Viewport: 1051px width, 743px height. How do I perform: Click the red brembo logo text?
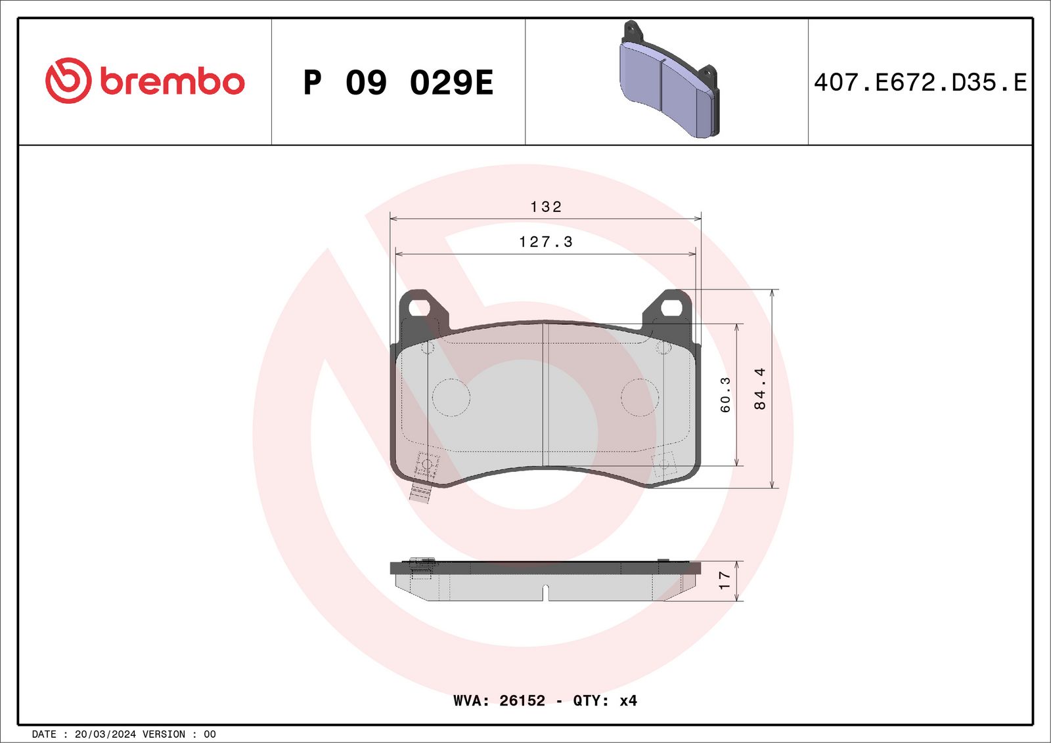tap(172, 81)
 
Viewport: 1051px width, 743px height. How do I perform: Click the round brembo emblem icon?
tap(68, 80)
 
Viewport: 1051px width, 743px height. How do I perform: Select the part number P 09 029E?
tap(398, 83)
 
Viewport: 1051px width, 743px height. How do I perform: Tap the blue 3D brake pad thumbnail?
tap(668, 82)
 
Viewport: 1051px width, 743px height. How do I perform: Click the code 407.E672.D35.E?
tap(920, 82)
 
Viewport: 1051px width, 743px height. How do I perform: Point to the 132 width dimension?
tap(546, 207)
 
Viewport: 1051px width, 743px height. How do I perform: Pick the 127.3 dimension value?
tap(546, 242)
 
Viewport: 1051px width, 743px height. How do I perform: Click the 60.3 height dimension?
tap(725, 394)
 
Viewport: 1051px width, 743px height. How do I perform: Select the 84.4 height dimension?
tap(760, 389)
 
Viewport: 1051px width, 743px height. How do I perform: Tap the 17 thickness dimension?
tap(724, 580)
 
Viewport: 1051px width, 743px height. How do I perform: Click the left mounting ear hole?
tap(418, 307)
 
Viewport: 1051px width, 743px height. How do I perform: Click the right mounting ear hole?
tap(672, 307)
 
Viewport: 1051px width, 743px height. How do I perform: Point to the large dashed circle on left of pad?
tap(451, 397)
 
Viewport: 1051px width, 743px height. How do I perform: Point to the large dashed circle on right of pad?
tap(640, 397)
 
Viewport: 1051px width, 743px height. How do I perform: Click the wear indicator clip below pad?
tap(419, 492)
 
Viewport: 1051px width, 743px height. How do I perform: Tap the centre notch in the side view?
tap(545, 592)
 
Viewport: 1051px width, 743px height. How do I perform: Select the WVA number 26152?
tap(522, 700)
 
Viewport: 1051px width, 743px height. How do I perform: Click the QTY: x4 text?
tap(605, 700)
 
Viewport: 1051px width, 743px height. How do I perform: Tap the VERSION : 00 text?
tap(179, 734)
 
